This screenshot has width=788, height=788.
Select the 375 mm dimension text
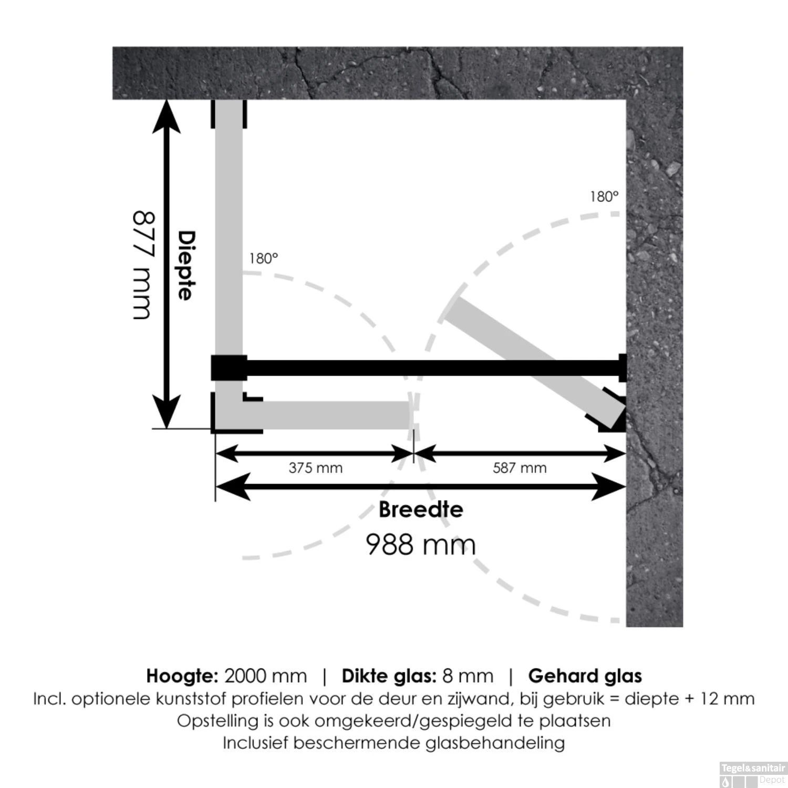315,468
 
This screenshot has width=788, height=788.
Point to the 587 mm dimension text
520,468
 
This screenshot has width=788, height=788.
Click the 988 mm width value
420,544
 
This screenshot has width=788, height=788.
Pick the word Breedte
421,510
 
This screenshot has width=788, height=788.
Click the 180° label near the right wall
604,197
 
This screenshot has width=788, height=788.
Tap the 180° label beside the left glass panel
263,258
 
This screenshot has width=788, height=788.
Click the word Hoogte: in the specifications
182,676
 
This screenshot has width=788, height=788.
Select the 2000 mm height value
265,676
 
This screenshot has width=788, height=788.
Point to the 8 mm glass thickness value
468,676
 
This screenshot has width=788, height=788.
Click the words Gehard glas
585,676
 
